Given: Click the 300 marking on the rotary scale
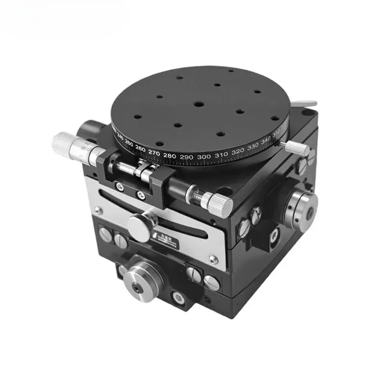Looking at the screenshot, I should (204, 156).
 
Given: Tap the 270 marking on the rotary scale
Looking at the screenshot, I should (154, 153).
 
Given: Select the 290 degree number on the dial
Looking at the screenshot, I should (187, 157).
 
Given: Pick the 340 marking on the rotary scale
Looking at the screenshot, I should (265, 141).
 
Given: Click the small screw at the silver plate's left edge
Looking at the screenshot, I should (99, 210).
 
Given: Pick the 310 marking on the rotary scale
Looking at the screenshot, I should (220, 155).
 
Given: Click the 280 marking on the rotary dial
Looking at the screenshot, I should (170, 155).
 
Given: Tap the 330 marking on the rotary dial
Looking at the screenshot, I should (252, 147).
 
